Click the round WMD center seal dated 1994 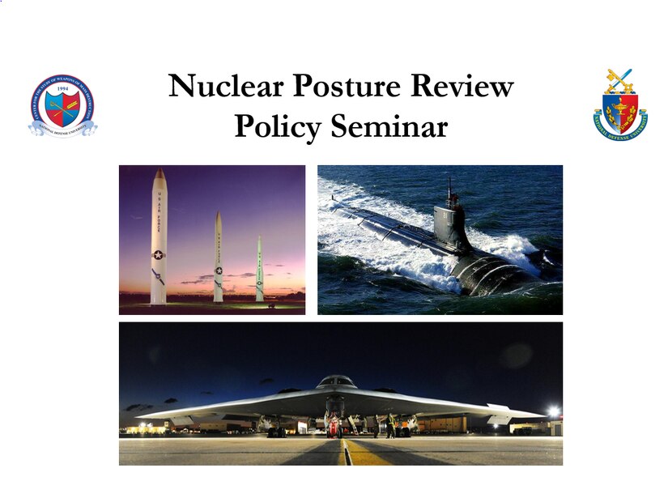[62, 106]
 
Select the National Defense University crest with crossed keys [620, 106]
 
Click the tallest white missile [158, 239]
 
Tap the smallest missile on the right [260, 270]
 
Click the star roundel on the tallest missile [158, 255]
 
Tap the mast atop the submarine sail [449, 190]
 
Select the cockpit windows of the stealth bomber [337, 381]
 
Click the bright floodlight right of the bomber [553, 411]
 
